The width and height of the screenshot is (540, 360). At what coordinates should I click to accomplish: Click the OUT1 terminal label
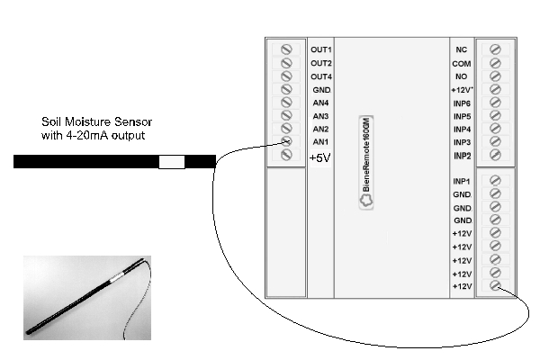[321, 49]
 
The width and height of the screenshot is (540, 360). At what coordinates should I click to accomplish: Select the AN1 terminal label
[320, 141]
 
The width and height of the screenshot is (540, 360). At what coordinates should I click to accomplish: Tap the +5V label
[319, 157]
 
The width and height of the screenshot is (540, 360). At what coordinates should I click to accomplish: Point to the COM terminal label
[461, 64]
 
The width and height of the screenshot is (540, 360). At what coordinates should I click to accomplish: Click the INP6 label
[462, 103]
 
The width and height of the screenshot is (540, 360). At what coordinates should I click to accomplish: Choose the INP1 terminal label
[462, 181]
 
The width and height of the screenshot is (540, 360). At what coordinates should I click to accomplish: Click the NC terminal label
[461, 49]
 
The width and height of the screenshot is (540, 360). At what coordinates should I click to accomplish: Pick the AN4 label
[320, 103]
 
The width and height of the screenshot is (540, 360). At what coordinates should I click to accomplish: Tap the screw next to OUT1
[286, 49]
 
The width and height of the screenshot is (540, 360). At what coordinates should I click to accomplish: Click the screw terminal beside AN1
[286, 141]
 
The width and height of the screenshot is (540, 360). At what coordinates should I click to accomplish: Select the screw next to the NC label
[495, 49]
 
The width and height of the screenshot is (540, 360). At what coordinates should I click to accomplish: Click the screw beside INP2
[495, 155]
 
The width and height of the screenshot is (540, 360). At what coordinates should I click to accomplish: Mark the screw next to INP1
[495, 181]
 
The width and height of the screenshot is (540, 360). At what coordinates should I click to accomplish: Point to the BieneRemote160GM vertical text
[366, 155]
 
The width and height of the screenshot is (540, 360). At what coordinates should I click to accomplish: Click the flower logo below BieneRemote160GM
[366, 201]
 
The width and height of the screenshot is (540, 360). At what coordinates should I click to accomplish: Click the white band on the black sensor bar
[172, 162]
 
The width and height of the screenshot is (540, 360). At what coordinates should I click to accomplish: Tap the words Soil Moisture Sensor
[97, 121]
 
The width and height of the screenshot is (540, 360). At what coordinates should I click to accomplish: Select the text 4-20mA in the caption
[87, 135]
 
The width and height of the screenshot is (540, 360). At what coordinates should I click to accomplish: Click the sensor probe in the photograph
[85, 296]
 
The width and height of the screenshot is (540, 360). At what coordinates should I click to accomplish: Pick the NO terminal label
[461, 76]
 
